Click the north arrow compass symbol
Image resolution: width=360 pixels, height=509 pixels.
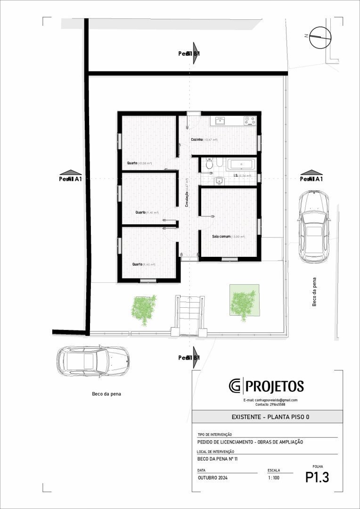pyautogui.click(x=320, y=37)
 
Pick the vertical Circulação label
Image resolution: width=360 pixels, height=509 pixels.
pyautogui.click(x=187, y=193)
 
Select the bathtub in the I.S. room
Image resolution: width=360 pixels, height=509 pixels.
pyautogui.click(x=241, y=164)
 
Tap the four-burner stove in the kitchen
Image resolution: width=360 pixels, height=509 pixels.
pyautogui.click(x=250, y=121)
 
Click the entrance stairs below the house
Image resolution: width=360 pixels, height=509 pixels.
pyautogui.click(x=189, y=313)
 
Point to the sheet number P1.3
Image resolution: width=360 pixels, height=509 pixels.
pyautogui.click(x=317, y=477)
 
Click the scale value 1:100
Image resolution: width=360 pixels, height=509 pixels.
pyautogui.click(x=273, y=478)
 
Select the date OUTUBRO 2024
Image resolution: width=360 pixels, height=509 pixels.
pyautogui.click(x=213, y=478)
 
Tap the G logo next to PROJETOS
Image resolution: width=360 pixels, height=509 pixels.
pyautogui.click(x=235, y=386)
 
